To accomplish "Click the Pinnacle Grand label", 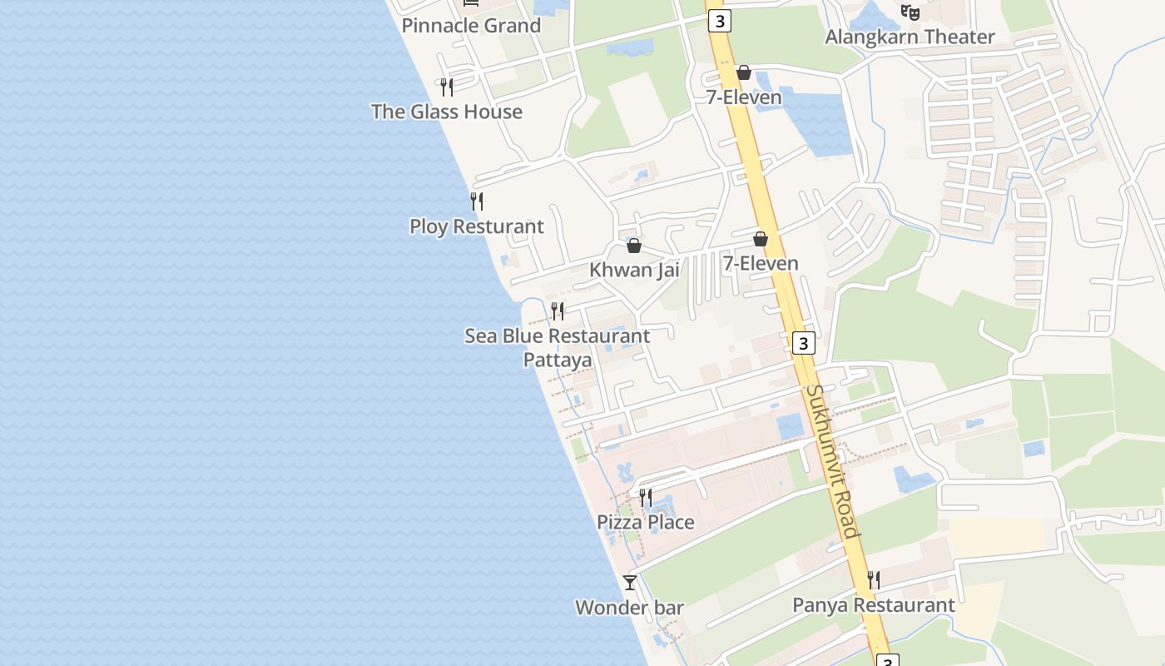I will click(471, 26).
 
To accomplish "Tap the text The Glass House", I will click(447, 112).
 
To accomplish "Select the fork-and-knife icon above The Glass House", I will click(447, 87).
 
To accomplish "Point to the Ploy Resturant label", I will click(477, 226).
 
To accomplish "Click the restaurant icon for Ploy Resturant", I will click(477, 201).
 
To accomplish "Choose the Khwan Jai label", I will click(634, 270).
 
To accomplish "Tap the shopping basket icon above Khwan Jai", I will click(634, 246).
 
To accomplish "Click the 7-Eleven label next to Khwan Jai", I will click(761, 264).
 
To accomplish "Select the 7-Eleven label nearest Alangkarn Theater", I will click(744, 97).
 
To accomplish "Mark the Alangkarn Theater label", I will click(910, 37).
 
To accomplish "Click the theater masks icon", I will click(910, 12).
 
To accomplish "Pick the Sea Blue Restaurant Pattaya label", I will click(558, 347).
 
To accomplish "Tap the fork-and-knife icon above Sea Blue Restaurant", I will click(558, 311).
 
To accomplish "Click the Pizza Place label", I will click(646, 522).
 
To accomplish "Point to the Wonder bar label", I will click(629, 608).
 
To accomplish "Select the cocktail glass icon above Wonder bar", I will click(630, 583).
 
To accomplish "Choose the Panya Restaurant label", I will click(874, 605).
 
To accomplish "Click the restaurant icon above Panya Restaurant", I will click(874, 579).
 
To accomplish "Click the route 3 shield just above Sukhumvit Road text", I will click(802, 343).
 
